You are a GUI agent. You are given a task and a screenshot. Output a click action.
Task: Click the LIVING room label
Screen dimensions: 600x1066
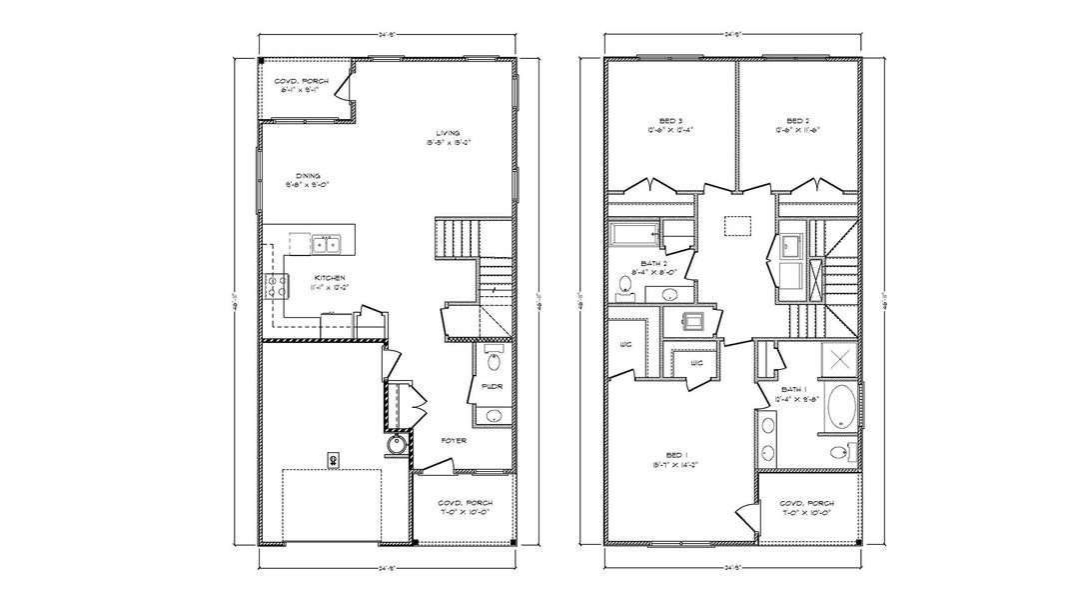coord(447,134)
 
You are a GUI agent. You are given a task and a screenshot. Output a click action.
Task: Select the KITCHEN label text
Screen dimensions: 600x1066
coord(330,277)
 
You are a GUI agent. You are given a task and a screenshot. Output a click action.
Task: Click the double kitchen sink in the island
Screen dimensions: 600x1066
coord(324,243)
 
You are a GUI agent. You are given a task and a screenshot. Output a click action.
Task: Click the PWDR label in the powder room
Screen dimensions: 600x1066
coord(490,386)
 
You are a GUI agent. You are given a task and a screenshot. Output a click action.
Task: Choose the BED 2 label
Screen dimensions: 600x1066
coord(796,119)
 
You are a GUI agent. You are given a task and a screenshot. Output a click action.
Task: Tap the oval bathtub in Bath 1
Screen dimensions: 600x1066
coord(837,408)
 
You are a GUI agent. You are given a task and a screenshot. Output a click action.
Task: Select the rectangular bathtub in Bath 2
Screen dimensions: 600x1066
coord(633,235)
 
